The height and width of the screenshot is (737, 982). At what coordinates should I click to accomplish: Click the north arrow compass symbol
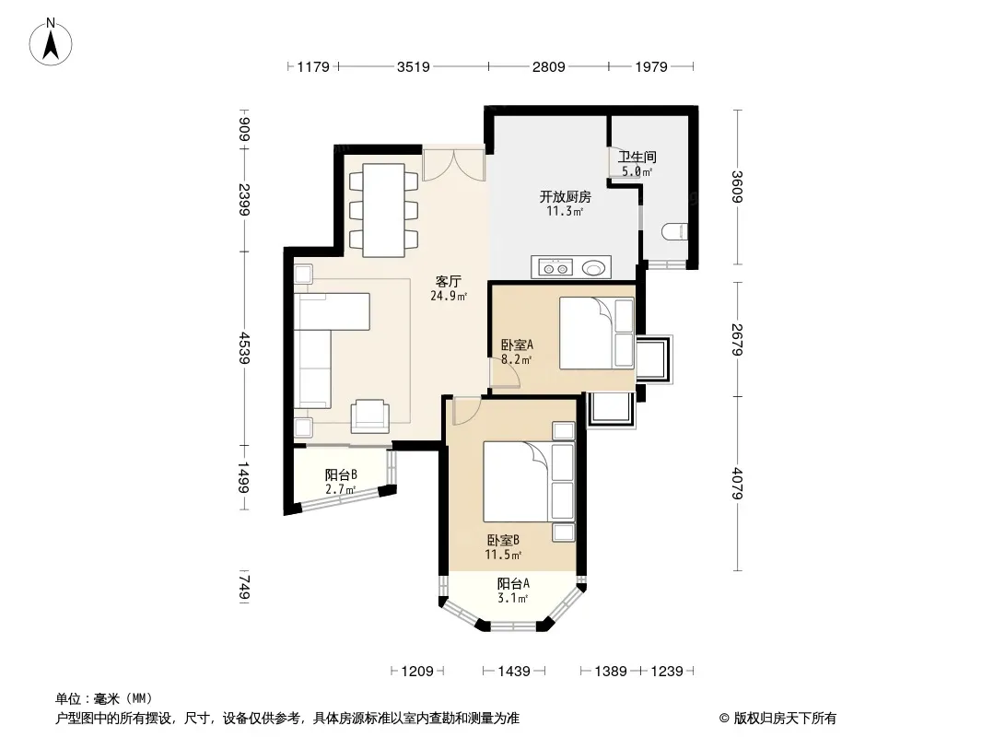pos(51,41)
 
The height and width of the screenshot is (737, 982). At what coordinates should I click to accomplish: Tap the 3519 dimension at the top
pos(414,66)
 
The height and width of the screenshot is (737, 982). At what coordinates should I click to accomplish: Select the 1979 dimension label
pos(651,66)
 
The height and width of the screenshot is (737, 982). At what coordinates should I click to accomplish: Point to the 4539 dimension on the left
pos(244,348)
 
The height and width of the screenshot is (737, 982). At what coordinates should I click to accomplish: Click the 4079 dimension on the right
pos(737,484)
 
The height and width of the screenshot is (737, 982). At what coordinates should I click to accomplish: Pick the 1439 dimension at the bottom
pos(514,672)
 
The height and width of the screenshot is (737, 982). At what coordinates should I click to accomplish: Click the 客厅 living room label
pos(449,282)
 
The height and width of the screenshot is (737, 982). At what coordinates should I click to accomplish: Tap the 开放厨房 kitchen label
pos(566,196)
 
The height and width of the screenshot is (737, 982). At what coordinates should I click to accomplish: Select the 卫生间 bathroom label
pos(637,157)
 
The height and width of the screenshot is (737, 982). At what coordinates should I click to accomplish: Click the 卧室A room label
pos(518,345)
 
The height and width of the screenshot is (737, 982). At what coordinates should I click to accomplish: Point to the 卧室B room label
pos(504,540)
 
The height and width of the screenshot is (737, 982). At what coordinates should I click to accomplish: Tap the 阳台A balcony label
pos(513,583)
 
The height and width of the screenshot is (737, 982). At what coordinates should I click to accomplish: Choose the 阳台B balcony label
pos(342,474)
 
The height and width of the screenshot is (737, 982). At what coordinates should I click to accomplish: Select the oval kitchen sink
pos(594,268)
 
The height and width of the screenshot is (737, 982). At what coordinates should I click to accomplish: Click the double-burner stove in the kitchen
pos(555,268)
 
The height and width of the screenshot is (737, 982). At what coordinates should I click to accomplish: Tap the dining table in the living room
pos(383,210)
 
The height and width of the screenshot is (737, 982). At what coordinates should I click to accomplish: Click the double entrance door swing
pos(454,163)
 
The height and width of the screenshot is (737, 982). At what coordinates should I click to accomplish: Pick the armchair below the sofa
pos(369,416)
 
